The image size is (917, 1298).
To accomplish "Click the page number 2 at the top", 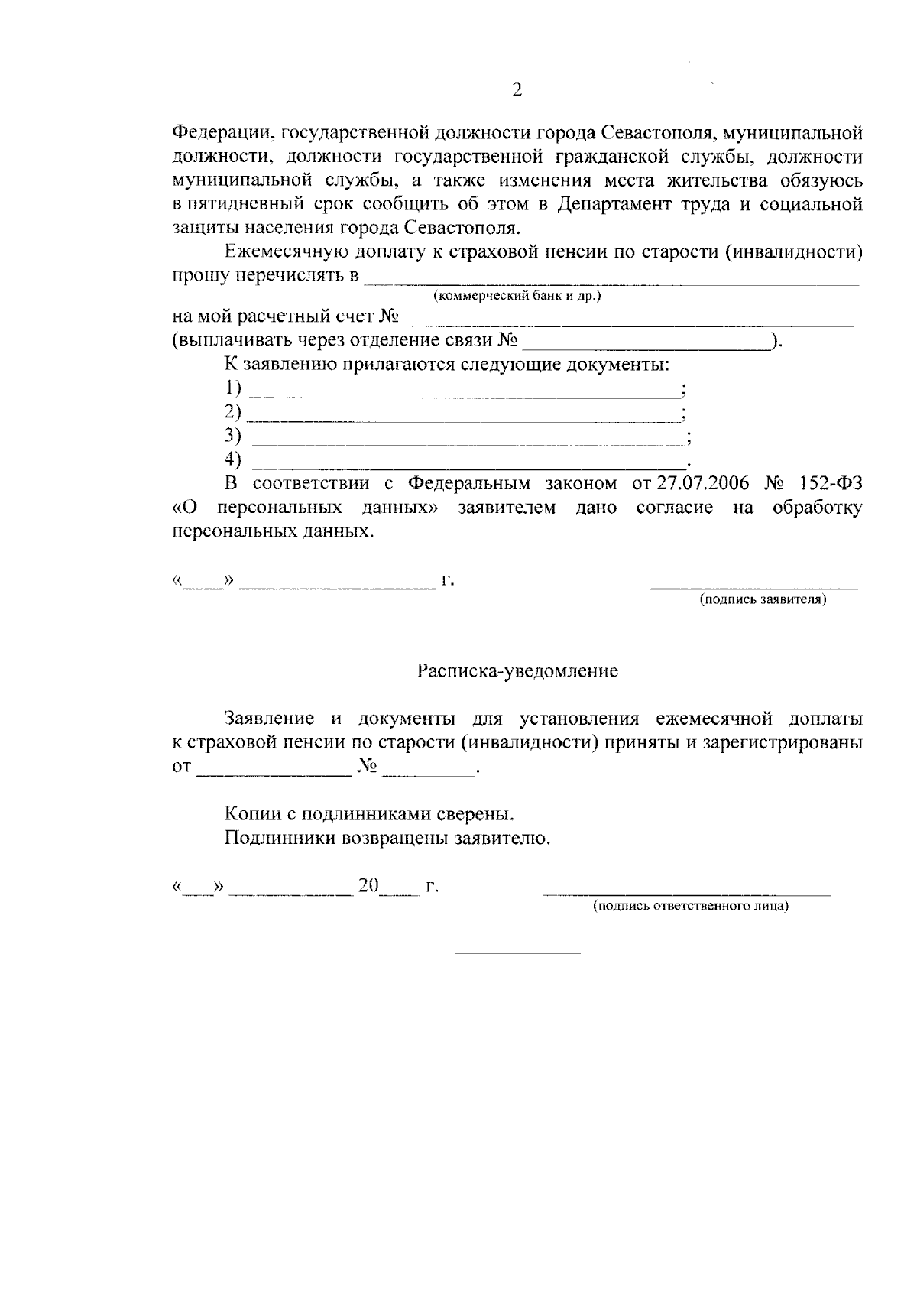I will (517, 90).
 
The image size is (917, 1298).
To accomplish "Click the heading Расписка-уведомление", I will (517, 672).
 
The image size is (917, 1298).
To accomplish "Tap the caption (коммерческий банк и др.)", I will (517, 296).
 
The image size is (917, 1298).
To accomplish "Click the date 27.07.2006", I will (701, 483).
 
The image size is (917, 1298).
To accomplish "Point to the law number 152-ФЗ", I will (827, 483).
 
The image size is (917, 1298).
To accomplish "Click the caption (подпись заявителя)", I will (763, 600).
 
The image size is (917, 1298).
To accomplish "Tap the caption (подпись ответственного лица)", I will (691, 907).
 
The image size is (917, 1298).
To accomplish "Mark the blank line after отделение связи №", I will (646, 348).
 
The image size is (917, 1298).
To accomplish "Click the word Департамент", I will (608, 205).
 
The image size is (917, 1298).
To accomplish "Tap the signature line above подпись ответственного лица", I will (685, 894).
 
